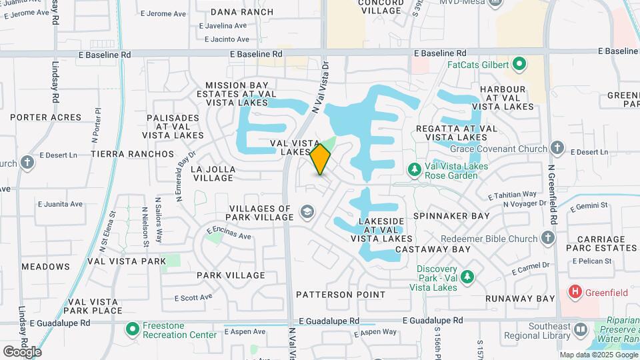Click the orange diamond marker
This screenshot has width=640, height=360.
321,159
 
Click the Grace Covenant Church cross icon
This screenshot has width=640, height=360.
558,148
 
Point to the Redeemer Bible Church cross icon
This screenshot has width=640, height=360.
547,238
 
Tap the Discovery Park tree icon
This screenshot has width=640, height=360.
467,276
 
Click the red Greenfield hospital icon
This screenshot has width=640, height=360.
573,292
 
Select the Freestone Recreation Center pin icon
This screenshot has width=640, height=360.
132,329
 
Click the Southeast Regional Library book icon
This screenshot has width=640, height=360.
580,329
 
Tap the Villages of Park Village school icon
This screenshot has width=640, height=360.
307,212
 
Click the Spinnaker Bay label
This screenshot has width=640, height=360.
451,216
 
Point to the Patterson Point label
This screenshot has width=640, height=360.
341,294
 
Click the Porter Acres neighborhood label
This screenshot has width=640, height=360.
45,117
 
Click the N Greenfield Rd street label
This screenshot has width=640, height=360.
552,187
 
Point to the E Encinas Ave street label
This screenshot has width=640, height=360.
229,233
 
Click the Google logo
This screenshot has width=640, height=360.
22,351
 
